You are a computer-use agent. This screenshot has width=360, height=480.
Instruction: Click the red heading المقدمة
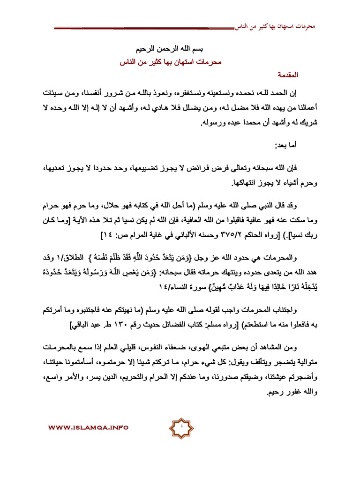click(305, 75)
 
